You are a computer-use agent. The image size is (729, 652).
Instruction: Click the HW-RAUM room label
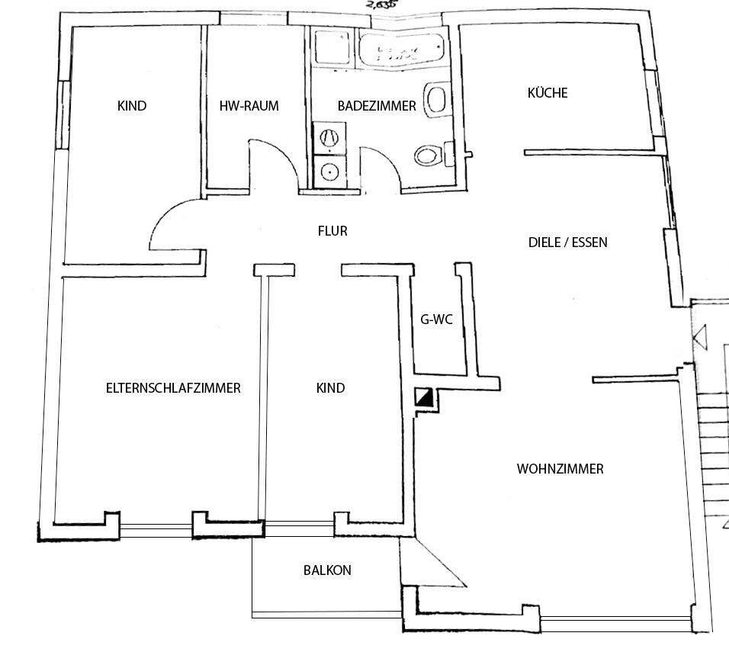click(x=249, y=106)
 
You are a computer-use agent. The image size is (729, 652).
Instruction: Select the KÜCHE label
click(x=548, y=93)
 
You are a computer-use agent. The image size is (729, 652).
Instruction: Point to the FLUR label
click(x=332, y=230)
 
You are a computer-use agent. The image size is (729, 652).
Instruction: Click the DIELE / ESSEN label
click(x=567, y=242)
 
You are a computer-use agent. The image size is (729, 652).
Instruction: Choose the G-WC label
click(x=436, y=320)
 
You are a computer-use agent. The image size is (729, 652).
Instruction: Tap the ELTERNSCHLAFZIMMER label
click(x=173, y=387)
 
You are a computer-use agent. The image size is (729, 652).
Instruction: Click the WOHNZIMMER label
click(x=560, y=468)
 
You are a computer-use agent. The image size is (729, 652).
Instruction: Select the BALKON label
click(x=327, y=570)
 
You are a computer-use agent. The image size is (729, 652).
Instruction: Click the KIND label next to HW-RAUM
click(x=132, y=106)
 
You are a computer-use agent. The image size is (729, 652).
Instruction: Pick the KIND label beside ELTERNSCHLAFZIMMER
click(x=330, y=387)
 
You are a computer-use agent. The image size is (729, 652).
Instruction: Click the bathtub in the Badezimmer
click(x=401, y=52)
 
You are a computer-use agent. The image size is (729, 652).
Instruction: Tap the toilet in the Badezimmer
click(x=429, y=156)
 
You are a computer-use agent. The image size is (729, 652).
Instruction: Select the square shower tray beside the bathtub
click(x=331, y=48)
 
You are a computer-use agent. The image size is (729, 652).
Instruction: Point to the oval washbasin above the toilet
click(x=437, y=99)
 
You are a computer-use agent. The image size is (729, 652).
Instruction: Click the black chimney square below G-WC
click(x=424, y=397)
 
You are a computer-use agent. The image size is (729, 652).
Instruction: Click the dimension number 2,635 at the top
click(x=381, y=3)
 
